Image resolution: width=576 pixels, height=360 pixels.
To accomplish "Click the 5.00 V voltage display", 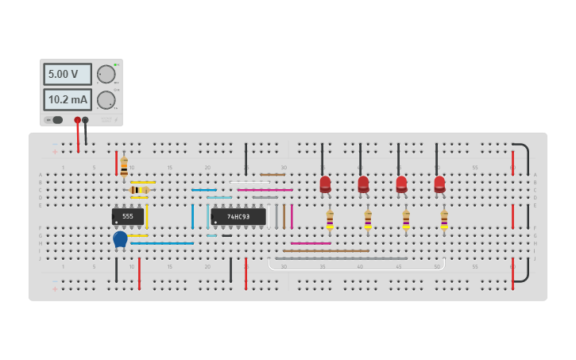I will (67, 75).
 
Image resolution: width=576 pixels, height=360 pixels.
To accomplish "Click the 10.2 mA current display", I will (67, 100).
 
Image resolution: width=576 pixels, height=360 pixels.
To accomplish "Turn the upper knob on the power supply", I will (106, 74).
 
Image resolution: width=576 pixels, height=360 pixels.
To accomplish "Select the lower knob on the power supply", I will (106, 100).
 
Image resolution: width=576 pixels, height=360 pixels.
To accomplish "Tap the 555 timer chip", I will (127, 216).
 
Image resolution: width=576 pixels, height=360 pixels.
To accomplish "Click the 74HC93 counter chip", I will (238, 216).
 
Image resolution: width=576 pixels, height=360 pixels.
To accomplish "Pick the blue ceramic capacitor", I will (120, 238).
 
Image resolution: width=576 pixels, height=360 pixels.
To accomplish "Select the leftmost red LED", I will (325, 184).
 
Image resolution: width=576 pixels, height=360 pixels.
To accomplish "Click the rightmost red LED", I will (439, 184).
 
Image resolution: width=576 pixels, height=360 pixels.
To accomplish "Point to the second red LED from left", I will (363, 184).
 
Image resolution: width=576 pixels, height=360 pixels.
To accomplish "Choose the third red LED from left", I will (401, 184).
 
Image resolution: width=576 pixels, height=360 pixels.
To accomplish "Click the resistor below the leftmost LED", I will (330, 219).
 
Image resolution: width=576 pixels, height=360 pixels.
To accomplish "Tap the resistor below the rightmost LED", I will (444, 219).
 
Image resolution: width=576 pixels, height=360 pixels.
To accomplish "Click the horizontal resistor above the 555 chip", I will (140, 190).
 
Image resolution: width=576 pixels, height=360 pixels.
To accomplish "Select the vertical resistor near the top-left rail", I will (124, 166).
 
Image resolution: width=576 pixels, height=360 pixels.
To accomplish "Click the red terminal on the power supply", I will (77, 121).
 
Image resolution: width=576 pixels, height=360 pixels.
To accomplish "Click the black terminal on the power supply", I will (85, 121).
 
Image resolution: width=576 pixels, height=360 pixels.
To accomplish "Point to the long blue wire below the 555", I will (162, 243).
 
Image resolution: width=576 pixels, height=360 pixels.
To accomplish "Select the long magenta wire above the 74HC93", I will (265, 190).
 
